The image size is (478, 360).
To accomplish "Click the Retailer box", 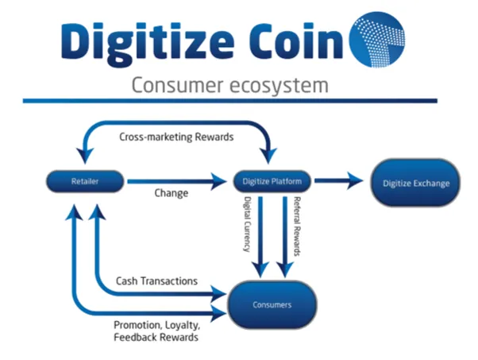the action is pos(85,181).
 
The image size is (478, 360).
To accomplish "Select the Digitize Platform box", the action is pos(272,181).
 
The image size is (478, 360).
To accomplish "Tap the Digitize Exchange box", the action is pos(416,183).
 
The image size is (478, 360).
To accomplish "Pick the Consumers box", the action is pos(272,304).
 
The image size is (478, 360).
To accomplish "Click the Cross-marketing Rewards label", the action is pos(176,137).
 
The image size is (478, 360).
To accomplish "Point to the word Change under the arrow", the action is pos(172,193).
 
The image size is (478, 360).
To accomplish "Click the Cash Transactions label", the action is pos(156,281).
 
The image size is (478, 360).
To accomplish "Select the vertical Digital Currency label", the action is pos(247,224).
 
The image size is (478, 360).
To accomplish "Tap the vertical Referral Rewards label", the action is pos(297,226).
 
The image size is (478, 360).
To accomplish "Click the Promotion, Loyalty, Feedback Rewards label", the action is pos(156,331).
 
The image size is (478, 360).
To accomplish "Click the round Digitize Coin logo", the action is pos(377,40).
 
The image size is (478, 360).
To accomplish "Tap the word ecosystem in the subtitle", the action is pos(279,86).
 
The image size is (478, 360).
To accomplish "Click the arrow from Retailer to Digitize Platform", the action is pos(177,181).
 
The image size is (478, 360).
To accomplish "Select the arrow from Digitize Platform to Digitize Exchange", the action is pos(339,180).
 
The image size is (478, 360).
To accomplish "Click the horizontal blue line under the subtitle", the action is pos(229,101).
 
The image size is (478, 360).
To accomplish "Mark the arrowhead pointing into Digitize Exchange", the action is pos(355,180).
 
